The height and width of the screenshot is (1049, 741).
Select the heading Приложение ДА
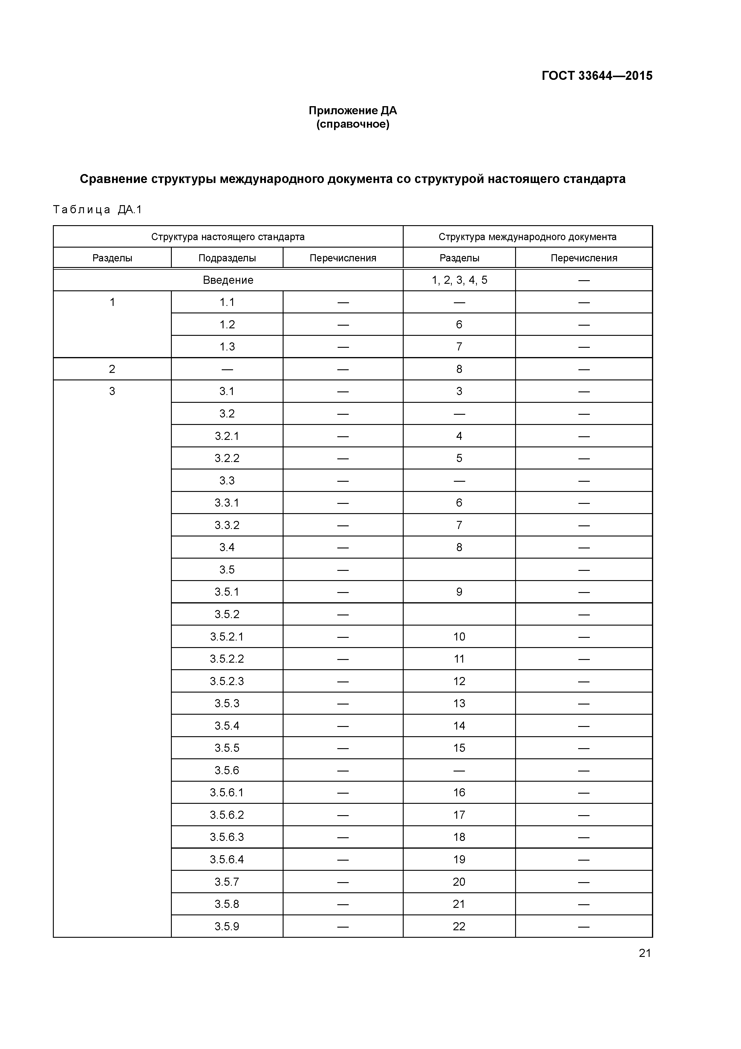tap(353, 111)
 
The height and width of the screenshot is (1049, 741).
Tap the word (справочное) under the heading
tap(353, 124)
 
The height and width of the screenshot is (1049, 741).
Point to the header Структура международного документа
tap(527, 237)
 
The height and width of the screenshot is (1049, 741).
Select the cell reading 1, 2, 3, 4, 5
tap(459, 280)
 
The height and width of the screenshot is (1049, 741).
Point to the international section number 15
tap(459, 748)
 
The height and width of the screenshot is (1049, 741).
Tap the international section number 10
tap(459, 636)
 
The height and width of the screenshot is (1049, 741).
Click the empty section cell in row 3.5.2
tap(459, 614)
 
